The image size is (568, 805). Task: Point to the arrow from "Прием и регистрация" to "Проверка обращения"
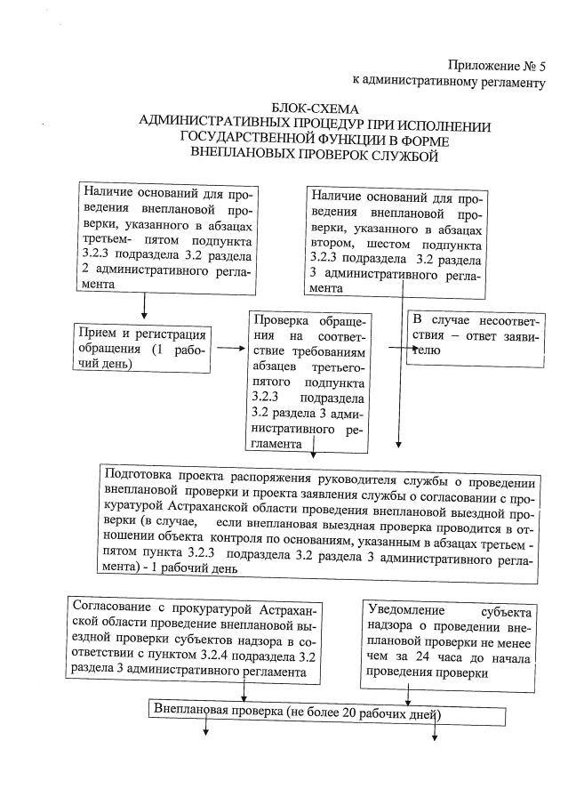tap(229, 348)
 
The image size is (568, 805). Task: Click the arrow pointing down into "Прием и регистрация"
tap(143, 307)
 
